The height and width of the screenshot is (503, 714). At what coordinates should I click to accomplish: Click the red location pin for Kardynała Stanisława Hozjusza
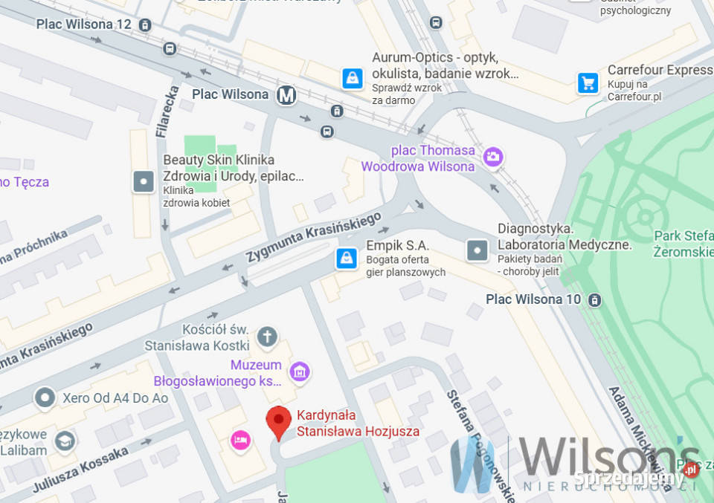click(279, 421)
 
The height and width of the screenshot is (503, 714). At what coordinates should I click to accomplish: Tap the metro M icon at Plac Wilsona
click(286, 95)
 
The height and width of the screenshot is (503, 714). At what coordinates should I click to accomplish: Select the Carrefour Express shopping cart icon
click(588, 82)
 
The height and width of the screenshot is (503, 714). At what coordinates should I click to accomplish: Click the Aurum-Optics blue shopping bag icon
click(353, 78)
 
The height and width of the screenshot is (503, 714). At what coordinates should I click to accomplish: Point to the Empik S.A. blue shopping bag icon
click(346, 259)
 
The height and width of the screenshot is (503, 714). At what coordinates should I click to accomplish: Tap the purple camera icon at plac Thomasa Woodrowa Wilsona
click(492, 157)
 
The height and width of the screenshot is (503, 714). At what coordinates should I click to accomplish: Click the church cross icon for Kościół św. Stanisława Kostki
click(267, 337)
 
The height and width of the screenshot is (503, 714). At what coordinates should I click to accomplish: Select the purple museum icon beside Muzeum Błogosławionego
click(300, 371)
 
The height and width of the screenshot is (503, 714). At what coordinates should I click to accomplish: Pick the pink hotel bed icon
click(240, 439)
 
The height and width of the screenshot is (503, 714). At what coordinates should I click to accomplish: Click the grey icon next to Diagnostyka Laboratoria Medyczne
click(477, 250)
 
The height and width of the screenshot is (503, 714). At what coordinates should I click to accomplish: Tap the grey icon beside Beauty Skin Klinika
click(143, 181)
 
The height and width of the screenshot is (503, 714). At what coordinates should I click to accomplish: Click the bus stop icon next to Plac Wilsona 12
click(145, 25)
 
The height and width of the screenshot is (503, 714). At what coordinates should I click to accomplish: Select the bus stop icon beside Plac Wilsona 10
click(594, 299)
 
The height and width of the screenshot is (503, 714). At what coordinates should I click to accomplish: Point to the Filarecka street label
click(168, 111)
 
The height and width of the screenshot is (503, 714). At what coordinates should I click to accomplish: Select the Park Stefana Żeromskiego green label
click(683, 244)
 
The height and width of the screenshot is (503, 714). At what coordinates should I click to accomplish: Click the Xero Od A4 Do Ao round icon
click(45, 397)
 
